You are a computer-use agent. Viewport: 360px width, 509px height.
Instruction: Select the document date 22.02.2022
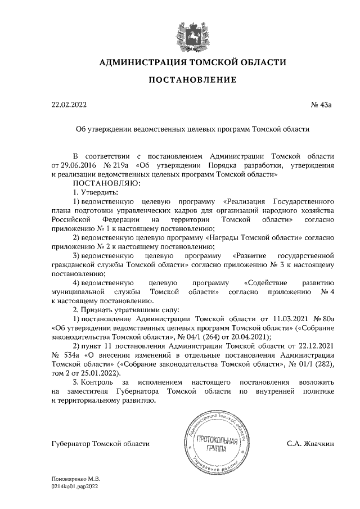click(69, 105)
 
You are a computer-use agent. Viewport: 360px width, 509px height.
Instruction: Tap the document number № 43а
click(322, 105)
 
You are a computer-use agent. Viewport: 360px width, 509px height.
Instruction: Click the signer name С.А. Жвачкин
click(310, 444)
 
